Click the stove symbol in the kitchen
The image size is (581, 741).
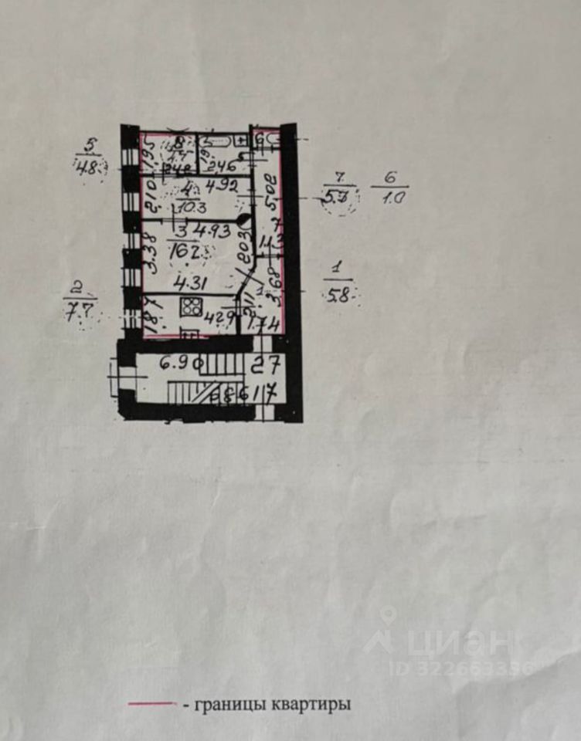tap(190, 306)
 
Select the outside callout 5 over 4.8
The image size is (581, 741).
tap(91, 159)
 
